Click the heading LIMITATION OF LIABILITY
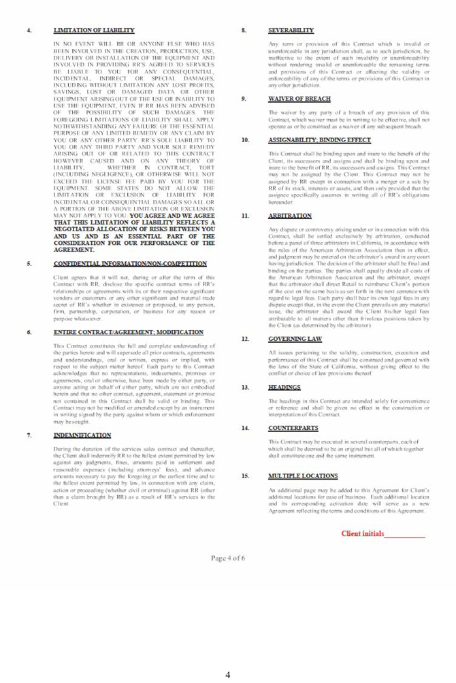pyautogui.click(x=94, y=31)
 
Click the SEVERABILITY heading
pyautogui.click(x=291, y=31)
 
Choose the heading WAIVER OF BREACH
pyautogui.click(x=299, y=99)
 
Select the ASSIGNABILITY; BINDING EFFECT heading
pyautogui.click(x=320, y=140)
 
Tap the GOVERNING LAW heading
pyautogui.click(x=295, y=338)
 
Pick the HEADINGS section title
pyautogui.click(x=284, y=387)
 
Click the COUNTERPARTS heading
pyautogui.click(x=292, y=428)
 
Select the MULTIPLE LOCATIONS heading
pyautogui.click(x=303, y=476)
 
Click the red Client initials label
pyautogui.click(x=362, y=534)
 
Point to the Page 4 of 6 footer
pyautogui.click(x=228, y=559)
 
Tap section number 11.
pyautogui.click(x=245, y=216)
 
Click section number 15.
pyautogui.click(x=245, y=476)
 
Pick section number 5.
pyautogui.click(x=29, y=263)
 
